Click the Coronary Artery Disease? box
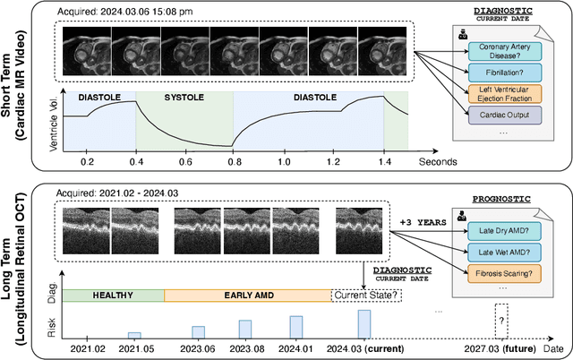coord(504,52)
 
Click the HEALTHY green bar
coord(113,295)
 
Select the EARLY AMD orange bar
coord(248,295)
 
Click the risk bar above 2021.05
coord(134,335)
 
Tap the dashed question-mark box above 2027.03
coord(501,320)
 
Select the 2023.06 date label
coord(198,349)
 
